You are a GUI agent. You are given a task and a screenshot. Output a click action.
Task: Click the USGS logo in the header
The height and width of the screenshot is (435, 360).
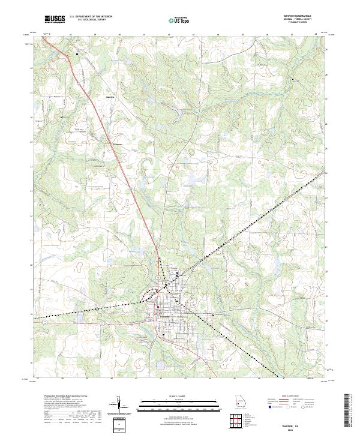(54, 20)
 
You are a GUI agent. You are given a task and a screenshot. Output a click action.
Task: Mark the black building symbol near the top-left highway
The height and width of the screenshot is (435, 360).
(77, 55)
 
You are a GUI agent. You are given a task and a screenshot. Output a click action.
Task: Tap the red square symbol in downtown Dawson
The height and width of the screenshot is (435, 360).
(157, 309)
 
